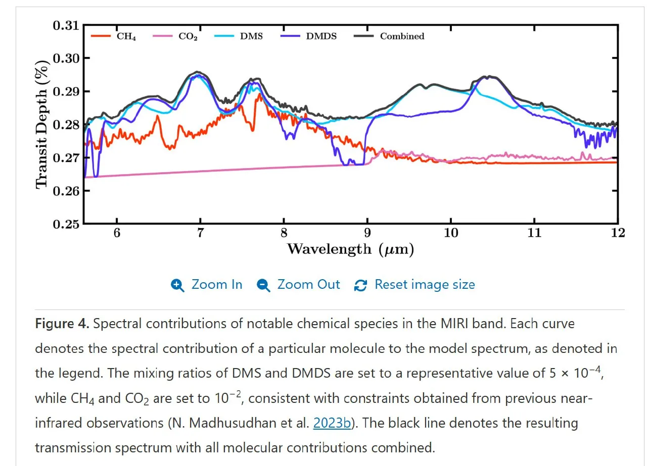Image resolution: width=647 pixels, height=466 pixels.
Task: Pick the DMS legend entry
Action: click(x=245, y=36)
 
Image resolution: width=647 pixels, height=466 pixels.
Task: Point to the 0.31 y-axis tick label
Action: click(x=66, y=25)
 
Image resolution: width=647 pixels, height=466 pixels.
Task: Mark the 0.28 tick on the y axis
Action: click(x=66, y=124)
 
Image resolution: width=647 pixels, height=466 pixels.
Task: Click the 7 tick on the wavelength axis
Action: click(x=200, y=233)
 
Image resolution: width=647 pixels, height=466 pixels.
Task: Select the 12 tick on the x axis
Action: click(x=618, y=233)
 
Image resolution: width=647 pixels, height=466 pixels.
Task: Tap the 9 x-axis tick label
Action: click(x=367, y=233)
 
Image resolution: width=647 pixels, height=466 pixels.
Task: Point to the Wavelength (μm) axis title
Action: click(x=350, y=249)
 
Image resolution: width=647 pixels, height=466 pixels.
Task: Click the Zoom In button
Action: click(x=207, y=285)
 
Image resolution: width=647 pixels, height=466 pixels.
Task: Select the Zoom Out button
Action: click(x=298, y=285)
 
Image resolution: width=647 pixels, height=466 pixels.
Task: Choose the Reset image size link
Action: click(x=415, y=285)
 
